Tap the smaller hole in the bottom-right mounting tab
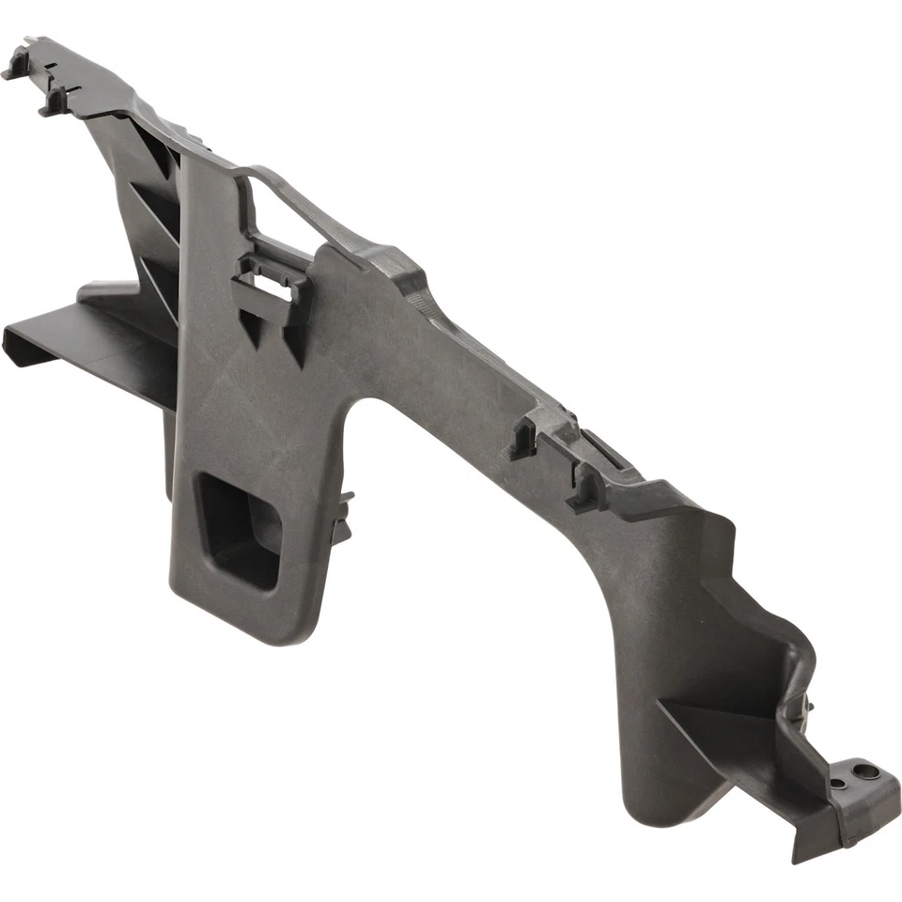tap(836, 783)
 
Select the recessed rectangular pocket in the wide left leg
tap(241, 530)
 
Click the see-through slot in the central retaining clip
tap(273, 286)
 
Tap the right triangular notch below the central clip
tap(295, 348)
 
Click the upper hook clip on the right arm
tap(523, 438)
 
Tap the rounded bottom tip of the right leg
tap(667, 808)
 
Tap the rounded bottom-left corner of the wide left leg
tap(188, 611)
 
